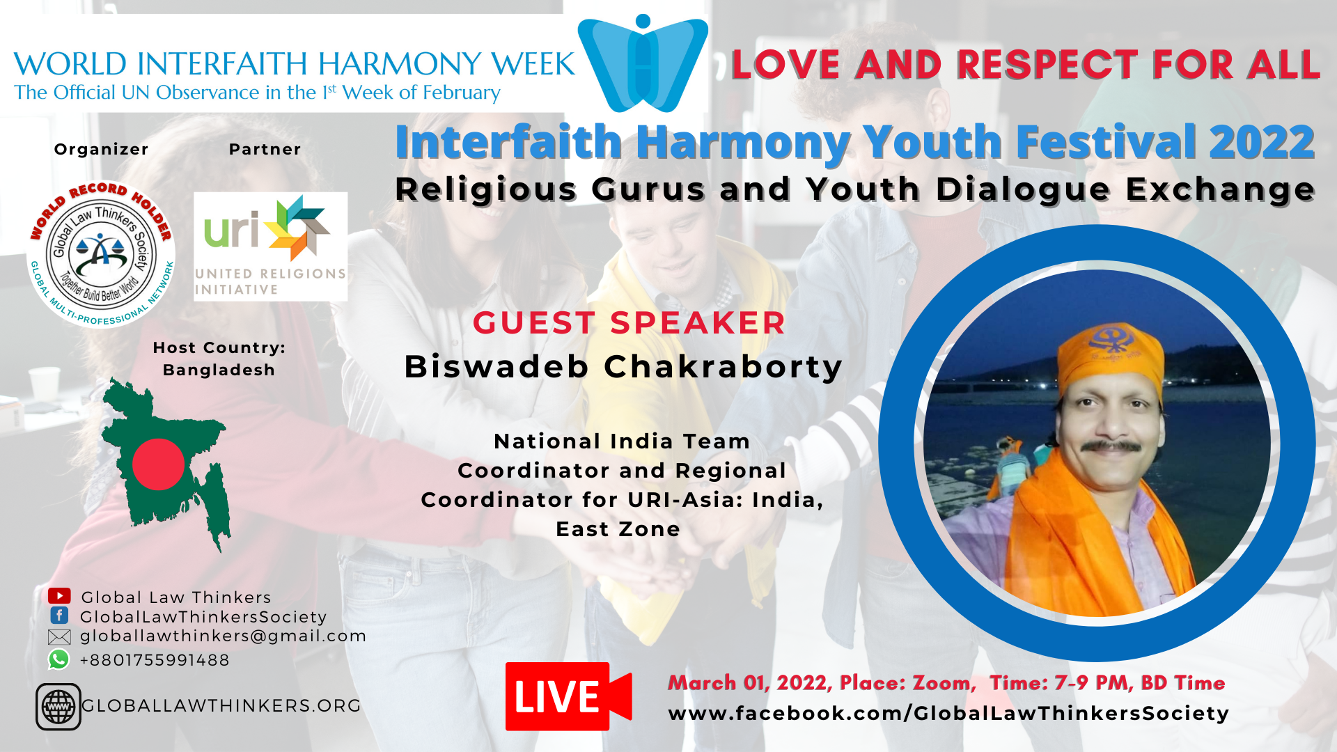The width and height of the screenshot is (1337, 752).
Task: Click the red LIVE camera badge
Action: [568, 696]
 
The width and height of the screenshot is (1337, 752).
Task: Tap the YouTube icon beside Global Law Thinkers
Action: [59, 596]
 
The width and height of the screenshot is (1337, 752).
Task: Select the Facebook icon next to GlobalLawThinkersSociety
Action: [59, 616]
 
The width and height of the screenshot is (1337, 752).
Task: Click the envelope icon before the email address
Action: [59, 636]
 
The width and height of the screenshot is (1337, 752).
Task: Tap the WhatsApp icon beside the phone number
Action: [59, 659]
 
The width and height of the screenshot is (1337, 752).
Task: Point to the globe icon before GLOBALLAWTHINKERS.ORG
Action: [58, 707]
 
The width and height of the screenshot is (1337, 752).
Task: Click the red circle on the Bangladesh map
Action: [158, 464]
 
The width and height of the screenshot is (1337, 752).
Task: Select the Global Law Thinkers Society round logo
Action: [101, 254]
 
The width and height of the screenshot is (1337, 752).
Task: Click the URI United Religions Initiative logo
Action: [270, 246]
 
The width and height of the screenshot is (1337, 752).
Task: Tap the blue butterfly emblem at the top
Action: [643, 64]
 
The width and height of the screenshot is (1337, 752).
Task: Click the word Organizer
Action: [102, 149]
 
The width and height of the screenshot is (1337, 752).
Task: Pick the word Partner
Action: [265, 149]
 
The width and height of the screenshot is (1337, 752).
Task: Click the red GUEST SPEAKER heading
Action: [629, 323]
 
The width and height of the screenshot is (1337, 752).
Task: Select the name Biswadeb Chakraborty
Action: [623, 367]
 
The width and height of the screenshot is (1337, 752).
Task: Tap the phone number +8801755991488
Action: [155, 660]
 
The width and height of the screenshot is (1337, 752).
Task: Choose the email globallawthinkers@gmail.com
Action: [224, 636]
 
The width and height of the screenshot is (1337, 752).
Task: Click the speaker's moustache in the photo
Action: [1112, 446]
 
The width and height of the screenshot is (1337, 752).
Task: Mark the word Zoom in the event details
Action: [944, 682]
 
